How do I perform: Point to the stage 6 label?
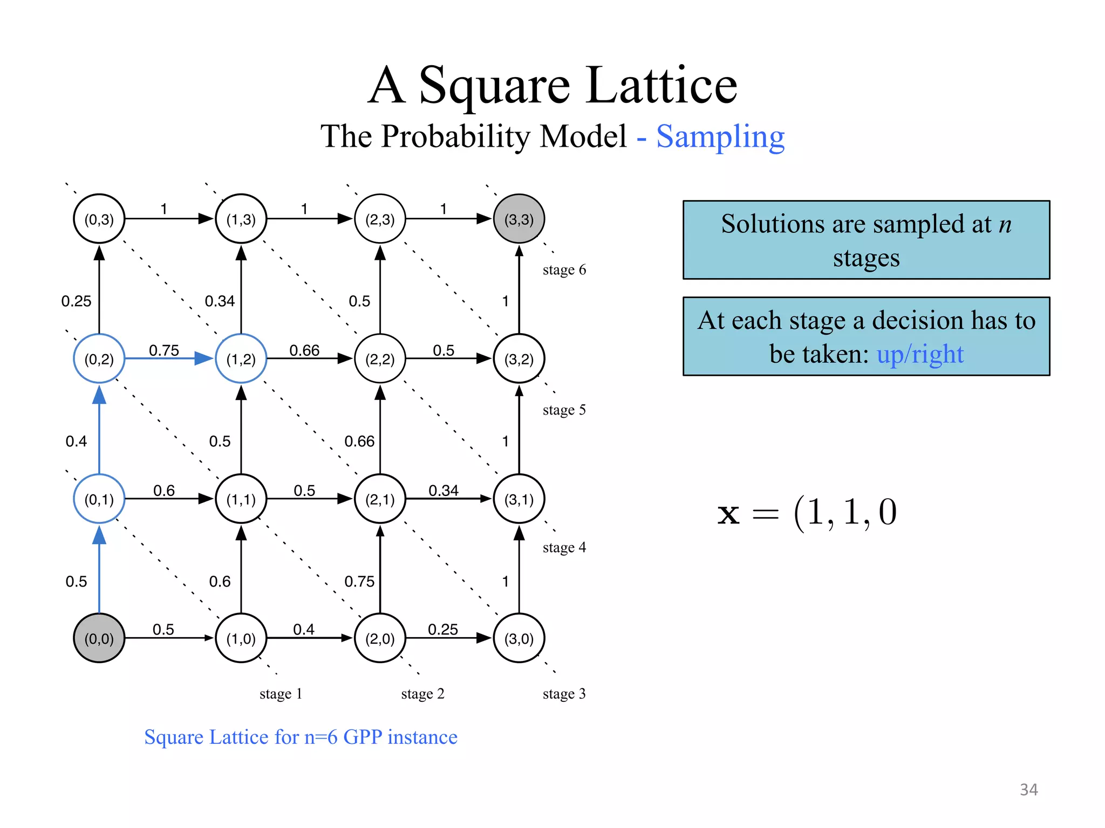point(564,270)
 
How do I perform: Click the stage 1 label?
point(281,693)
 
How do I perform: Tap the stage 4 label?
point(564,548)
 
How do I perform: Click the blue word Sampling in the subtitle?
point(720,137)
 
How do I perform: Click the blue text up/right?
point(920,354)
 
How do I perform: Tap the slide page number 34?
point(1028,790)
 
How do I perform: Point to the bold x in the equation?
point(728,514)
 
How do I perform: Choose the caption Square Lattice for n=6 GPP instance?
point(301,737)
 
